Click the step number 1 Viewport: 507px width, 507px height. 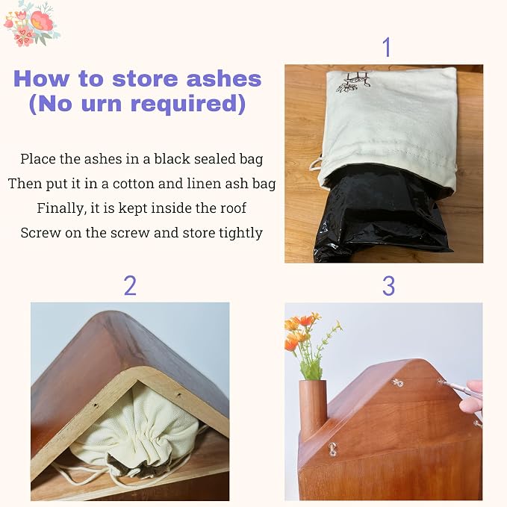(x=387, y=47)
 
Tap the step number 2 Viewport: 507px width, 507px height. (x=130, y=286)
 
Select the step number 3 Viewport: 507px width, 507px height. (x=388, y=286)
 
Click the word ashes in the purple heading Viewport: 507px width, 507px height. (x=224, y=79)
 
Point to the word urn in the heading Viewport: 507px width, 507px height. (x=102, y=104)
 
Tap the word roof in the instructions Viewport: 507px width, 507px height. (x=234, y=208)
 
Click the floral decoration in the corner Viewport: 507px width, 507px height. (x=31, y=24)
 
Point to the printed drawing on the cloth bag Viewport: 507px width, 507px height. (x=353, y=81)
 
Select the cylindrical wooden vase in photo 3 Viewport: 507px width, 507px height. (x=313, y=408)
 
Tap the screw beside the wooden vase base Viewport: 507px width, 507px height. (x=333, y=450)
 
